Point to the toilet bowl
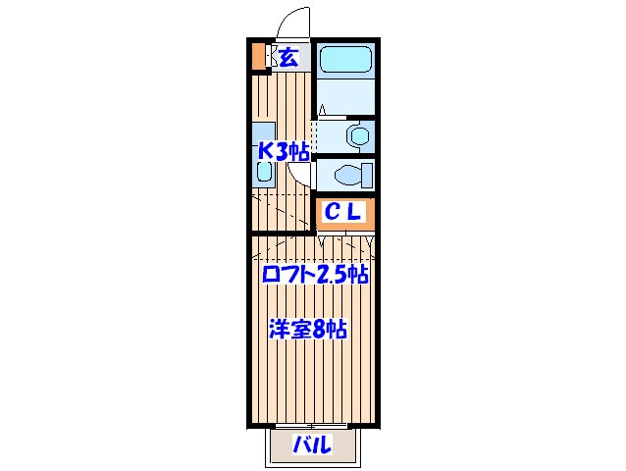click(x=345, y=176)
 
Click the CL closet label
click(x=344, y=211)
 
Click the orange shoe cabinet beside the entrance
click(x=258, y=56)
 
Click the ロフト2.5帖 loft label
click(x=314, y=276)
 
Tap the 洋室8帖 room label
click(x=308, y=329)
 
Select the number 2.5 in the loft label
click(x=334, y=276)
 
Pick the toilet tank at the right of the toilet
click(x=367, y=176)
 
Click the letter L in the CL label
click(x=357, y=211)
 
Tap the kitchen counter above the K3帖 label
click(x=263, y=132)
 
